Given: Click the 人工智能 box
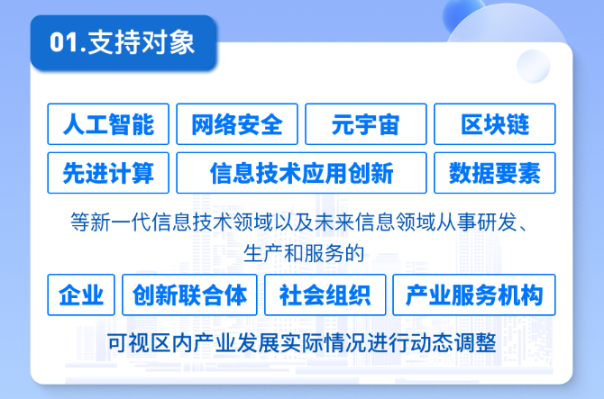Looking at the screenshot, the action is pyautogui.click(x=108, y=124).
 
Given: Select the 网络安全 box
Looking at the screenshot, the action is pyautogui.click(x=237, y=124).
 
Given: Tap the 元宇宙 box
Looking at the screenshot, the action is pyautogui.click(x=366, y=124).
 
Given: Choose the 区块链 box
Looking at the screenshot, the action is pyautogui.click(x=495, y=124).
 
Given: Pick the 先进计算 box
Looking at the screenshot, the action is pyautogui.click(x=108, y=173).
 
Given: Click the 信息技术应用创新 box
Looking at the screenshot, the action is pyautogui.click(x=301, y=173).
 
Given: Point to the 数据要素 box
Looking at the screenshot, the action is pyautogui.click(x=495, y=173).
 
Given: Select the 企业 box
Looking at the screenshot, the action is pyautogui.click(x=81, y=295).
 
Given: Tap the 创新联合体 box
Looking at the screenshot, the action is pyautogui.click(x=189, y=295).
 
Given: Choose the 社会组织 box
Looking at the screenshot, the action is pyautogui.click(x=325, y=295).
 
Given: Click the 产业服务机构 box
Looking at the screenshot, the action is pyautogui.click(x=474, y=295).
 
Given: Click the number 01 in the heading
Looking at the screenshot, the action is pyautogui.click(x=64, y=42).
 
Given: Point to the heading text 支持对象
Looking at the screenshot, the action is pyautogui.click(x=142, y=42).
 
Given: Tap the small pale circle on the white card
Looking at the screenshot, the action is pyautogui.click(x=533, y=66).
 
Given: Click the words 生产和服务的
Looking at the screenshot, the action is pyautogui.click(x=304, y=254).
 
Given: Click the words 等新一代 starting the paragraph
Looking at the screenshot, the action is pyautogui.click(x=111, y=222).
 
